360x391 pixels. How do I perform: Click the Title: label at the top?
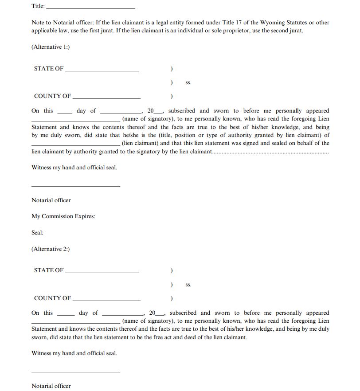pos(38,6)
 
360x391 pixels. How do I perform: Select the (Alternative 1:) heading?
pos(51,47)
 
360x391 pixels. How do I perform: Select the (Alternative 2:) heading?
pos(51,249)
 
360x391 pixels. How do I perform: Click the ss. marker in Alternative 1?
pos(188,83)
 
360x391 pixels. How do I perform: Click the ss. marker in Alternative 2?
pos(188,285)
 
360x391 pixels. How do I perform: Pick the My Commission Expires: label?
pos(63,216)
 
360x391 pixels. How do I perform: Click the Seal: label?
pos(38,233)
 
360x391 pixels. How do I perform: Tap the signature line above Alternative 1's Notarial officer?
pos(76,186)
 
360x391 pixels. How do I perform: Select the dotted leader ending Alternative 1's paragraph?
pos(270,152)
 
